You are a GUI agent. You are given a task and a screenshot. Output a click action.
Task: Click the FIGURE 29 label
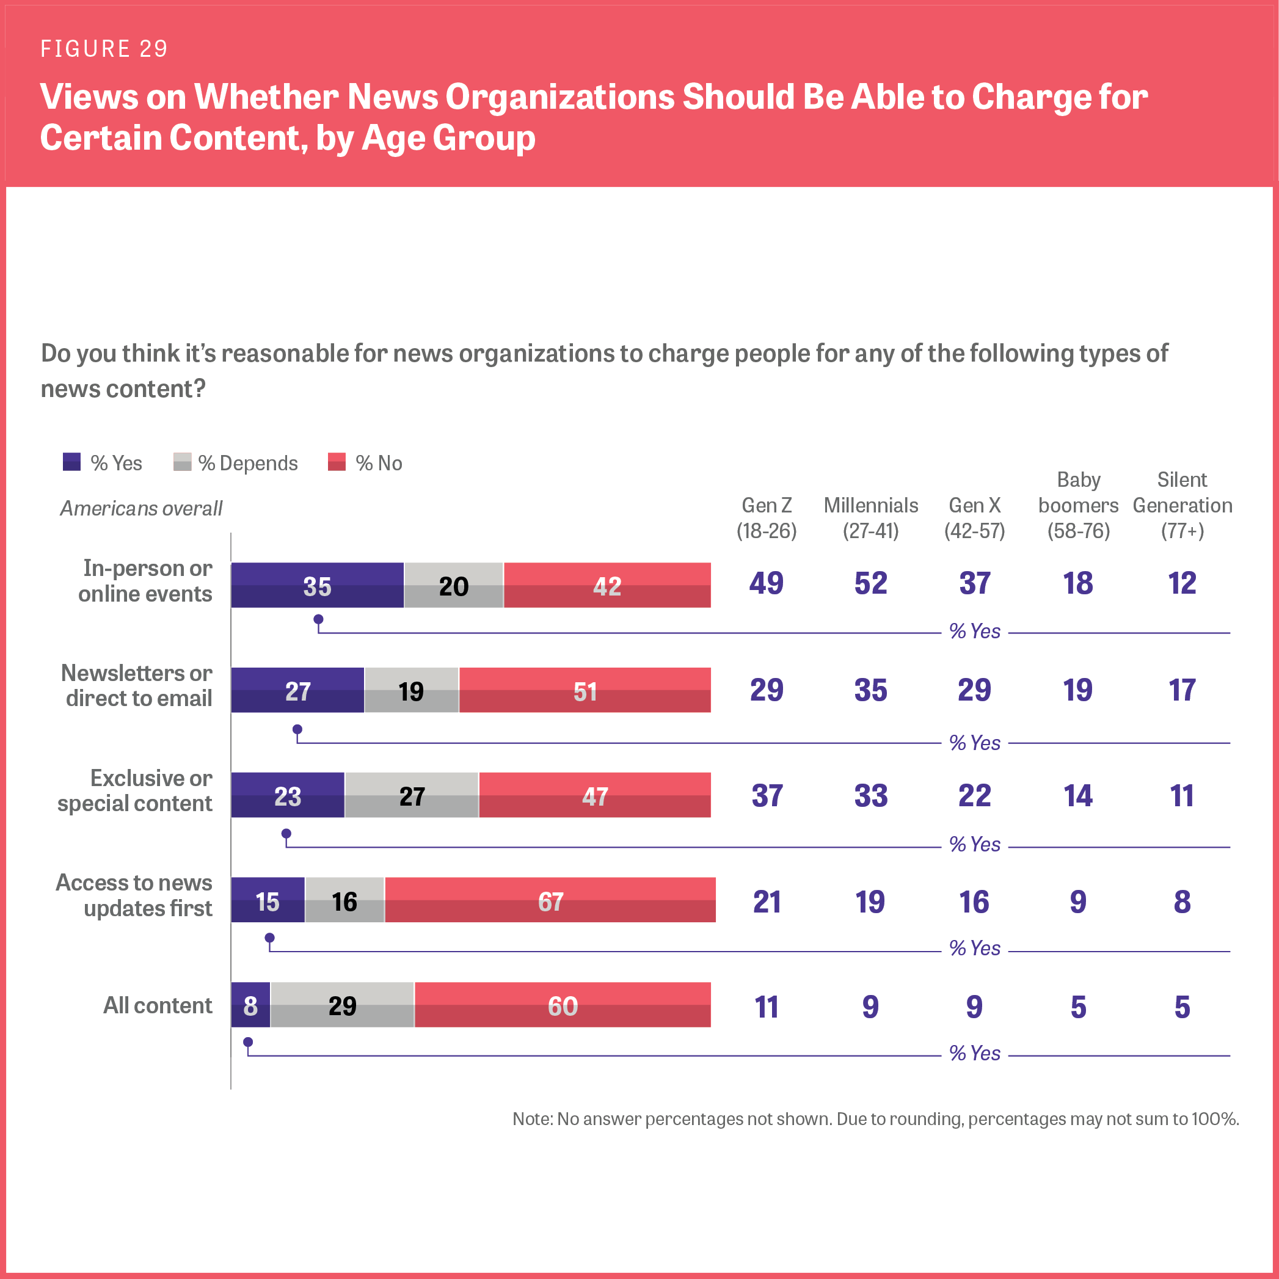pyautogui.click(x=104, y=49)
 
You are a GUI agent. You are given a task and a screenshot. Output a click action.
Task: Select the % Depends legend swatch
pyautogui.click(x=182, y=462)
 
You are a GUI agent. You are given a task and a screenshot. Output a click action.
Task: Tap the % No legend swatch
pyautogui.click(x=337, y=462)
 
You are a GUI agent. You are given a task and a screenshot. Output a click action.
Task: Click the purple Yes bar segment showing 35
pyautogui.click(x=317, y=585)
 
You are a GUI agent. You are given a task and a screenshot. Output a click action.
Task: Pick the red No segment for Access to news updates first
pyautogui.click(x=550, y=900)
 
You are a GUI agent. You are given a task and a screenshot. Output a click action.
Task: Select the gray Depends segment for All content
pyautogui.click(x=342, y=1005)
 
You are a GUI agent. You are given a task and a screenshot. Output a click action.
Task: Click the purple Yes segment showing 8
pyautogui.click(x=250, y=1005)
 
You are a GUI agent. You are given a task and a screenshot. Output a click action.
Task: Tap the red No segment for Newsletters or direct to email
pyautogui.click(x=585, y=690)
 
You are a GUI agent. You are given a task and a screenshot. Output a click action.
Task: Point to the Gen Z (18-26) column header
pyautogui.click(x=767, y=518)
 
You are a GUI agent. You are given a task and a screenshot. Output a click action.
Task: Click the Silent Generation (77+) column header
pyautogui.click(x=1182, y=506)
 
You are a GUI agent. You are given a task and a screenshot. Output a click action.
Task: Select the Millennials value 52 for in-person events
pyautogui.click(x=870, y=583)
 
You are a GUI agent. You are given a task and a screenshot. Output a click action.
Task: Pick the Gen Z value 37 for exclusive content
pyautogui.click(x=767, y=795)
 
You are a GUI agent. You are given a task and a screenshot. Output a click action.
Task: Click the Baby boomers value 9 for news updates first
pyautogui.click(x=1078, y=901)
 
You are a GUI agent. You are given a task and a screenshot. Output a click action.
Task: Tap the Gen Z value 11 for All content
pyautogui.click(x=767, y=1006)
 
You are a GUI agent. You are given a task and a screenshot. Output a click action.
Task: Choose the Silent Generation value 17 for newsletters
pyautogui.click(x=1182, y=690)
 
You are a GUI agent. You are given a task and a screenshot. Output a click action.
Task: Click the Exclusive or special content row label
pyautogui.click(x=135, y=790)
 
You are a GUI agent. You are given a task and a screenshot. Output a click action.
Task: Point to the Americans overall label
pyautogui.click(x=141, y=508)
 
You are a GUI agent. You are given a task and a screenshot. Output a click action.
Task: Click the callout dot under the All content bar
pyautogui.click(x=248, y=1042)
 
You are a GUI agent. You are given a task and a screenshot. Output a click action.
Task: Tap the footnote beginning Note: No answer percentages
pyautogui.click(x=875, y=1119)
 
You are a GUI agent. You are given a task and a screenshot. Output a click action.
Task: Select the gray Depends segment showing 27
pyautogui.click(x=412, y=795)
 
